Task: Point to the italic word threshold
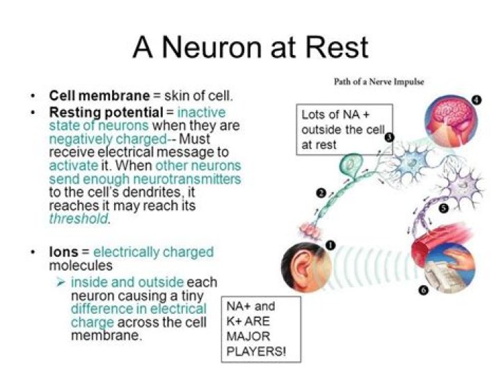pyautogui.click(x=79, y=218)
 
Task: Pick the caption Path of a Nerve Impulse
pyautogui.click(x=379, y=81)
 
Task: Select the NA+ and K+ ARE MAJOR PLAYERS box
pyautogui.click(x=261, y=329)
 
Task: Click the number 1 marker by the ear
pyautogui.click(x=330, y=245)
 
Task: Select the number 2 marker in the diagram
pyautogui.click(x=321, y=193)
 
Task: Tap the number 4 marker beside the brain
pyautogui.click(x=476, y=100)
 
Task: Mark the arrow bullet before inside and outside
pyautogui.click(x=63, y=282)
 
